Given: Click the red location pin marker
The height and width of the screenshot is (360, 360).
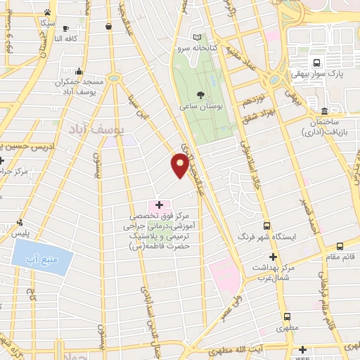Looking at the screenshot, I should click(x=181, y=165).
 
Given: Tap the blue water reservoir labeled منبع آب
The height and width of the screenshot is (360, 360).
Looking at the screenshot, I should click(x=43, y=257).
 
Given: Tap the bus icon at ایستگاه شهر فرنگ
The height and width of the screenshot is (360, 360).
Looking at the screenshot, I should click(x=266, y=226).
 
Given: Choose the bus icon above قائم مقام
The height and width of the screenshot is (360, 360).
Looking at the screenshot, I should click(x=340, y=246).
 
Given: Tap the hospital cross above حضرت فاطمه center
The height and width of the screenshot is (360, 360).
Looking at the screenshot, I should click(x=160, y=205).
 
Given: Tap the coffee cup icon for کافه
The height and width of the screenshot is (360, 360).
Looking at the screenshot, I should click(x=108, y=27).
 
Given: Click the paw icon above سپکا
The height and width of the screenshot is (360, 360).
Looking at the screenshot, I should click(x=47, y=12).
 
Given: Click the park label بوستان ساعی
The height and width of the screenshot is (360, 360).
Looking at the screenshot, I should click(x=197, y=105).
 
